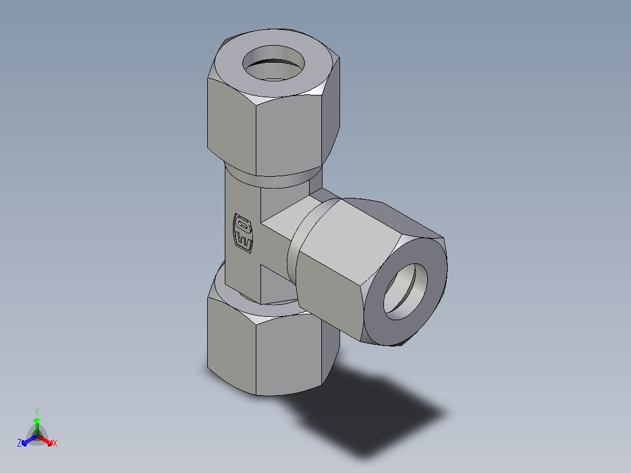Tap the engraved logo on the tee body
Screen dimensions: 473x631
click(x=243, y=233)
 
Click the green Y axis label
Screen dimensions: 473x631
click(x=36, y=411)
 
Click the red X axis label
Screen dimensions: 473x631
click(x=55, y=444)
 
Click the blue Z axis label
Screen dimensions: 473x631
click(x=19, y=444)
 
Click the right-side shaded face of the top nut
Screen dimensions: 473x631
click(x=331, y=123)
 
